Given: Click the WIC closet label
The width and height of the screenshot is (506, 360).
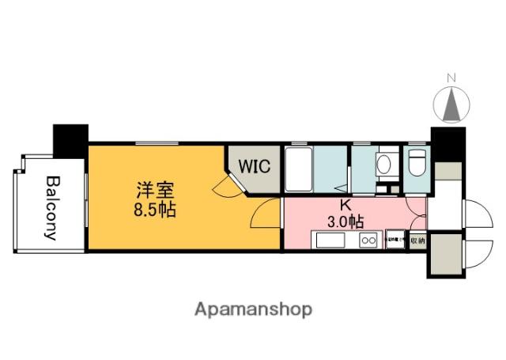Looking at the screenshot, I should point(255,168).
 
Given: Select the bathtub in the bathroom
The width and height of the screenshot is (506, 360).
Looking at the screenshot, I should point(297,168).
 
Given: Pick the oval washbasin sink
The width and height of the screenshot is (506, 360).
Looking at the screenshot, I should point(383,164).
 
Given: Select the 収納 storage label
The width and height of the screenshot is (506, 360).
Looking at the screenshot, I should point(417,240).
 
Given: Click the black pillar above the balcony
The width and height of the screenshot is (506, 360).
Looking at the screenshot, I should point(70,139).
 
